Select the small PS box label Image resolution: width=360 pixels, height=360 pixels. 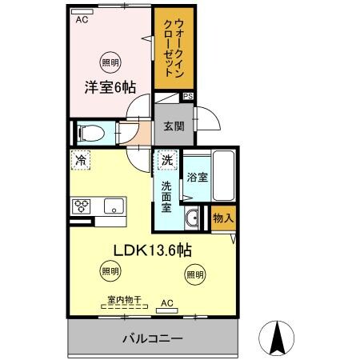[x=188, y=97]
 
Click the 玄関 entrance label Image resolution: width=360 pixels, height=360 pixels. [x=174, y=126]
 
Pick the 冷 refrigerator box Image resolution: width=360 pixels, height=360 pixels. [x=81, y=160]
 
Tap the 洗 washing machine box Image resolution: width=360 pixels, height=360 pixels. [x=166, y=160]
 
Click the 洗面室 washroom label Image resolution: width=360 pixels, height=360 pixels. [x=166, y=195]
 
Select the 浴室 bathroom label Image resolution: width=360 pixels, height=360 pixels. [x=197, y=178]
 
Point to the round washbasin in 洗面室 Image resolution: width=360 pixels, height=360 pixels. [x=193, y=218]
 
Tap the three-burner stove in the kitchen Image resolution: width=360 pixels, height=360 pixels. [x=82, y=206]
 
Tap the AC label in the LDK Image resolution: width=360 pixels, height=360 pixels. [x=166, y=303]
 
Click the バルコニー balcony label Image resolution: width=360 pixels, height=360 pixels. [x=153, y=338]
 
